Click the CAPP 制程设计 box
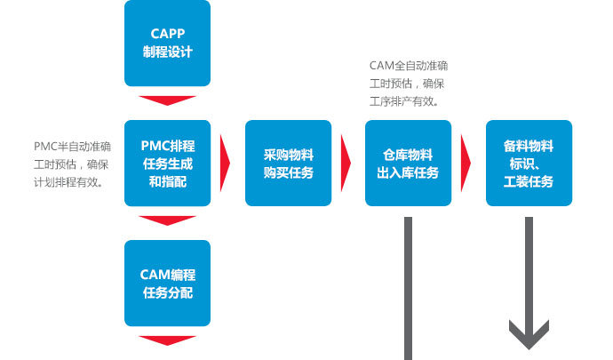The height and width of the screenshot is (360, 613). tap(167, 43)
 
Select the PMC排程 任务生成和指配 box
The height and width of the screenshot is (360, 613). tap(167, 164)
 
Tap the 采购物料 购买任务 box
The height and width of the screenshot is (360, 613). tap(288, 164)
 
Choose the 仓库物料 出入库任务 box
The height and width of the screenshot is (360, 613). tap(408, 164)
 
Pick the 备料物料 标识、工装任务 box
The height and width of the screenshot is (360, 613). tap(529, 164)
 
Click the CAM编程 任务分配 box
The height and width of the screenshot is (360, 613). tap(167, 283)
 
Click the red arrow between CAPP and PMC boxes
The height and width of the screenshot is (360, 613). tap(167, 100)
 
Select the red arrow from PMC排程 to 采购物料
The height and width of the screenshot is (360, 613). tap(225, 164)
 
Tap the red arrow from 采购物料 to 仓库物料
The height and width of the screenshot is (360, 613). tap(346, 164)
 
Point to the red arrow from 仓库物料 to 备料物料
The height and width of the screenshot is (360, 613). tap(466, 164)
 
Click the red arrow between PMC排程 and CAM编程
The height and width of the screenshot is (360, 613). tap(167, 220)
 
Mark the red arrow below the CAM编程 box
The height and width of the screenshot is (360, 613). tap(167, 340)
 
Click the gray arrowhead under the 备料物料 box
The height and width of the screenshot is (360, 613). tap(529, 334)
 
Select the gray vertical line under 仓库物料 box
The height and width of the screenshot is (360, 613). tap(408, 288)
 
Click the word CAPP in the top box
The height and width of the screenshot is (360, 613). tap(168, 34)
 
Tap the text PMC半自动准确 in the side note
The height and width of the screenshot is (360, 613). tap(72, 147)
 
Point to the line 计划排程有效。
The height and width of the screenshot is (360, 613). tap(68, 182)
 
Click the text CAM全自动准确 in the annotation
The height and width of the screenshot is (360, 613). tap(409, 66)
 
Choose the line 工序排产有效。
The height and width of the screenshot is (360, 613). tap(404, 101)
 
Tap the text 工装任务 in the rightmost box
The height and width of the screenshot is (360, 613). tap(529, 181)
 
